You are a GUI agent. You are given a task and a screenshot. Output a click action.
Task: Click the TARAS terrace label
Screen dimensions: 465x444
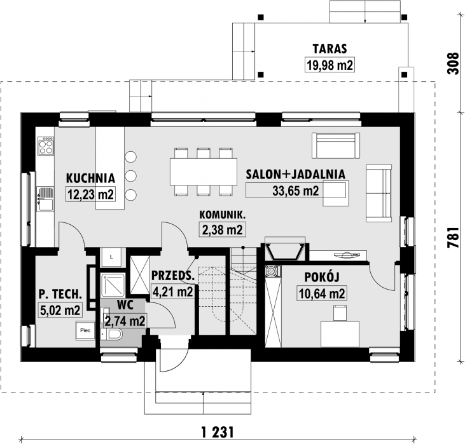330,49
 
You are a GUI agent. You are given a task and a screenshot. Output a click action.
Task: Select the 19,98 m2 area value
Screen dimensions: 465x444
330,65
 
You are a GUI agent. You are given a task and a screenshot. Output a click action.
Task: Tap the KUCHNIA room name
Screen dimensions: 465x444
90,178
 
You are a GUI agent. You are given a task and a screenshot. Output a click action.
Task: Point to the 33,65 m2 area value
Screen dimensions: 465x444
296,191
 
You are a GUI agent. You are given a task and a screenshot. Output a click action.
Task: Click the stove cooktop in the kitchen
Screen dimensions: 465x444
46,145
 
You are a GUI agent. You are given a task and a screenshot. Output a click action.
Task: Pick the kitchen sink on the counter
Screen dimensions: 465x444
45,199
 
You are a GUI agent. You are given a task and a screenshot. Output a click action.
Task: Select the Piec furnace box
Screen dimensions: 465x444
85,330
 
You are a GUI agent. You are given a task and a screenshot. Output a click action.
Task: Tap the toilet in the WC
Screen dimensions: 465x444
112,334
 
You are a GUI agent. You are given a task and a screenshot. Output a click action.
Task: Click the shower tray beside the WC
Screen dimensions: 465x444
113,286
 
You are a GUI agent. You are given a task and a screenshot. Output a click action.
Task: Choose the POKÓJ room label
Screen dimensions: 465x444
322,277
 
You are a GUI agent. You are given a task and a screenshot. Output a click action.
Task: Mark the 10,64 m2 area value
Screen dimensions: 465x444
322,293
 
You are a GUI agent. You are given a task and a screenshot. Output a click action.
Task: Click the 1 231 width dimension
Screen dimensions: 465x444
218,432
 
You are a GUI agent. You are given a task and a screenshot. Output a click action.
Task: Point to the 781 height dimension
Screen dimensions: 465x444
453,238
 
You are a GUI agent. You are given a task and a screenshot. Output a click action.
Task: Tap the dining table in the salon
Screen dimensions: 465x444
204,172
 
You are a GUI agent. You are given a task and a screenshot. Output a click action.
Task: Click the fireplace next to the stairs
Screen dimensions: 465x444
285,252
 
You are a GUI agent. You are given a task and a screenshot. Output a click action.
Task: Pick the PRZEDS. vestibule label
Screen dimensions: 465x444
173,276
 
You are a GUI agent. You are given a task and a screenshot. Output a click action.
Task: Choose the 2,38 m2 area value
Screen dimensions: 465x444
222,229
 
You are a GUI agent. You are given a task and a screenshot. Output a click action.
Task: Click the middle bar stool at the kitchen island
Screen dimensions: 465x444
131,176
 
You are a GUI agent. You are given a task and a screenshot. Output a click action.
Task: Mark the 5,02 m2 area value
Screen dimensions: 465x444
60,310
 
